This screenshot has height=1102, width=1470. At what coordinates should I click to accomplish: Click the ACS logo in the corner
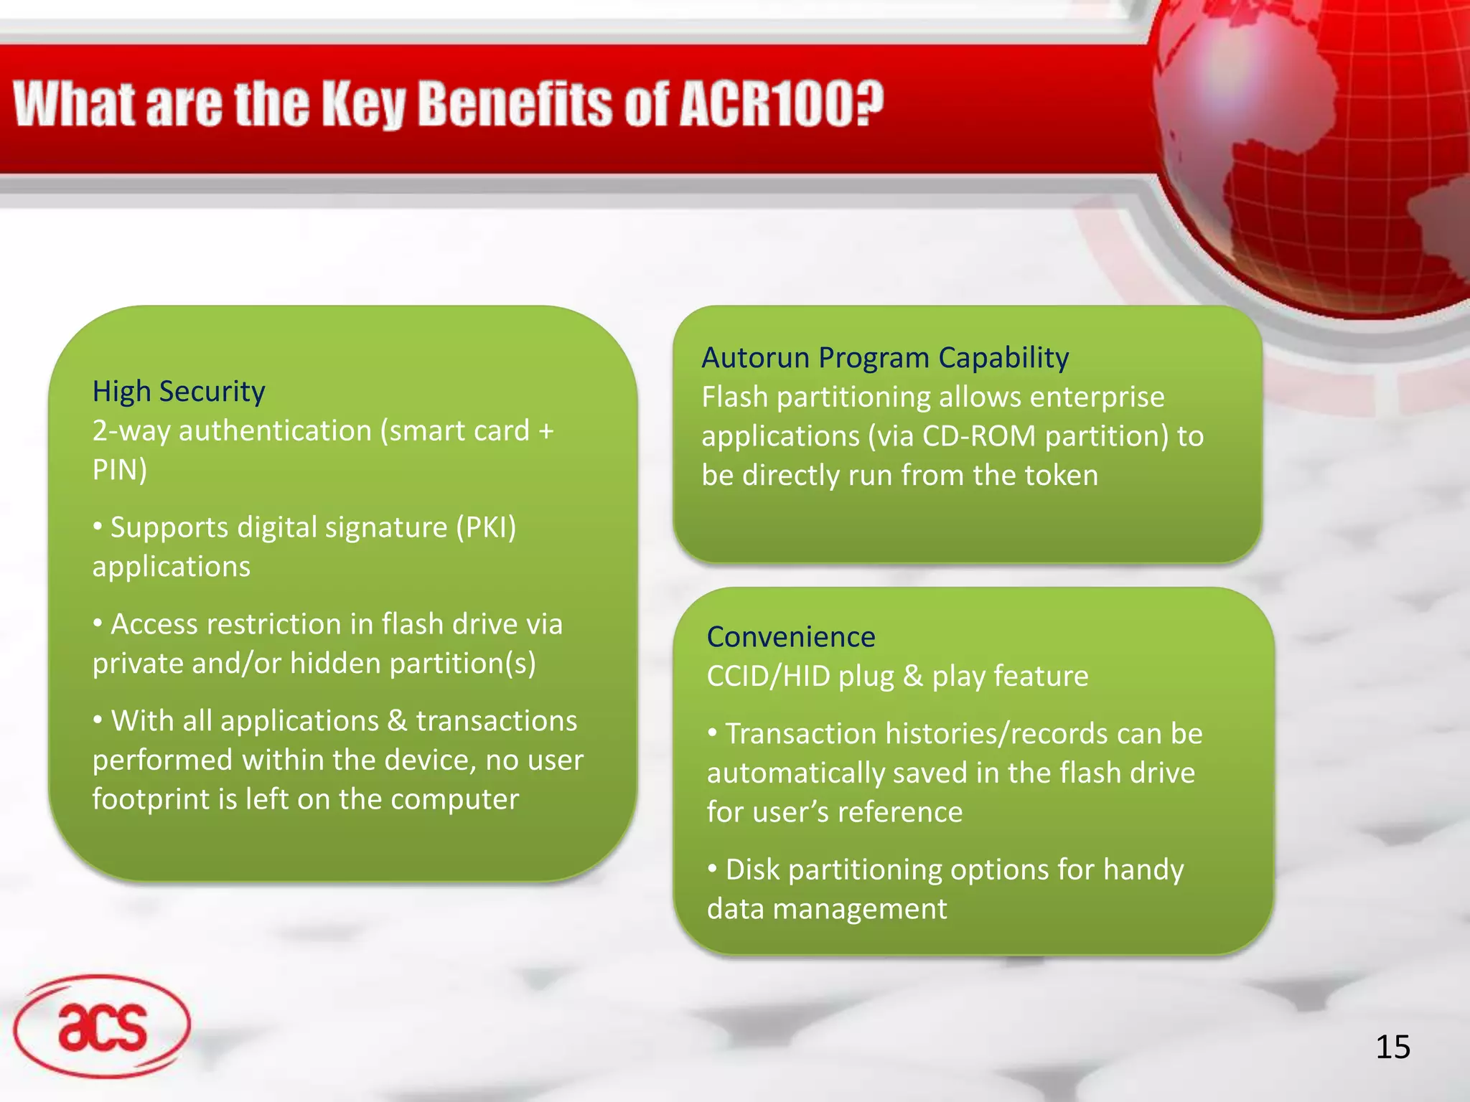tap(102, 1027)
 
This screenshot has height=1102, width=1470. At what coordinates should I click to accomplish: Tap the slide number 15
tap(1392, 1047)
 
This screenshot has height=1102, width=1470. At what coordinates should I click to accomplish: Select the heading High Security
tap(179, 391)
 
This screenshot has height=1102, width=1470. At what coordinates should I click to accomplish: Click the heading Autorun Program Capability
tap(884, 357)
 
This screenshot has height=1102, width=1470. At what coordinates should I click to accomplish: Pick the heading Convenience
tap(790, 636)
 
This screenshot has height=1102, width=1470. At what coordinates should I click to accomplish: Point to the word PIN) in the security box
tap(120, 470)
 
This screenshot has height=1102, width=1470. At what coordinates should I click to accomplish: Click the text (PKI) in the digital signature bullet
tap(486, 527)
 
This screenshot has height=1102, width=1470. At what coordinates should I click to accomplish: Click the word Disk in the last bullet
tap(752, 870)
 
